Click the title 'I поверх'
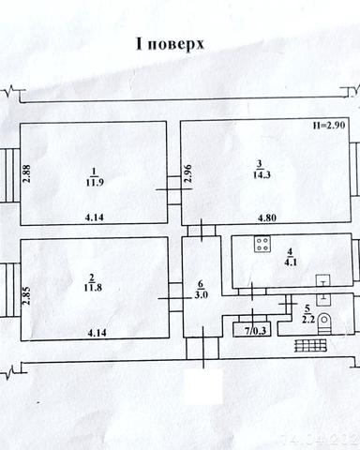(x=172, y=44)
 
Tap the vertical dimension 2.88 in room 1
(x=26, y=174)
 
